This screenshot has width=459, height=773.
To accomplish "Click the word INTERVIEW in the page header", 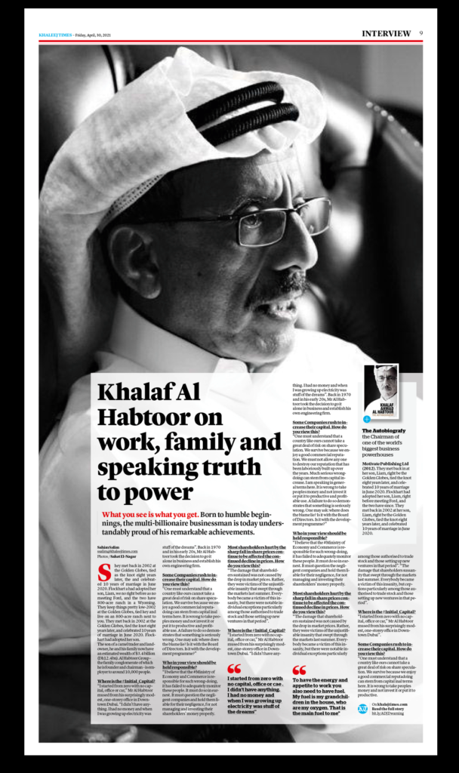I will pos(387,33).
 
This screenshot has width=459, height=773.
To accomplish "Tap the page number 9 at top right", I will pos(420,33).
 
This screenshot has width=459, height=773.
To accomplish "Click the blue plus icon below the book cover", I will pos(366,418).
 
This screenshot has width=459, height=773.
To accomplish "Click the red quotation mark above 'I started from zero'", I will pos(235,668).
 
